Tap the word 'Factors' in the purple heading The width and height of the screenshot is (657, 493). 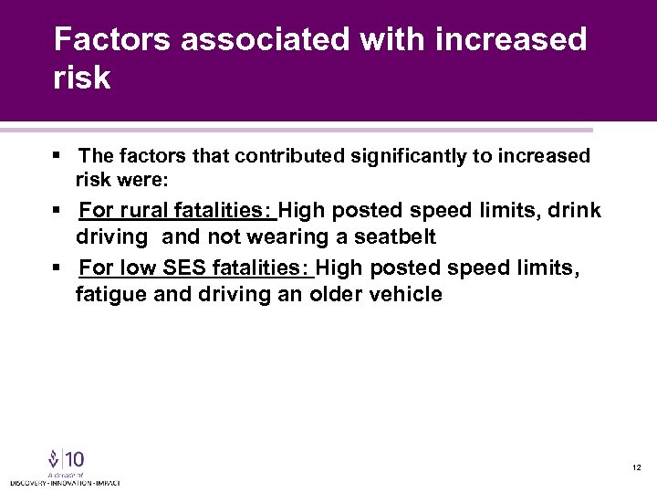tap(111, 39)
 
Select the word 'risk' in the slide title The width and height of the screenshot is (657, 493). tap(82, 79)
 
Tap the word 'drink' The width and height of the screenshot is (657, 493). tap(573, 211)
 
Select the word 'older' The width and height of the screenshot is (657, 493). tap(338, 295)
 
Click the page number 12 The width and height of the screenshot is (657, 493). tap(636, 467)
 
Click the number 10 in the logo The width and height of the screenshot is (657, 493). tap(73, 458)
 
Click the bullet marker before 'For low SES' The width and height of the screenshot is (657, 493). tap(57, 269)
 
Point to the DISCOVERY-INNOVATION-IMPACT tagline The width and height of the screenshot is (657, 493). tap(65, 481)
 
